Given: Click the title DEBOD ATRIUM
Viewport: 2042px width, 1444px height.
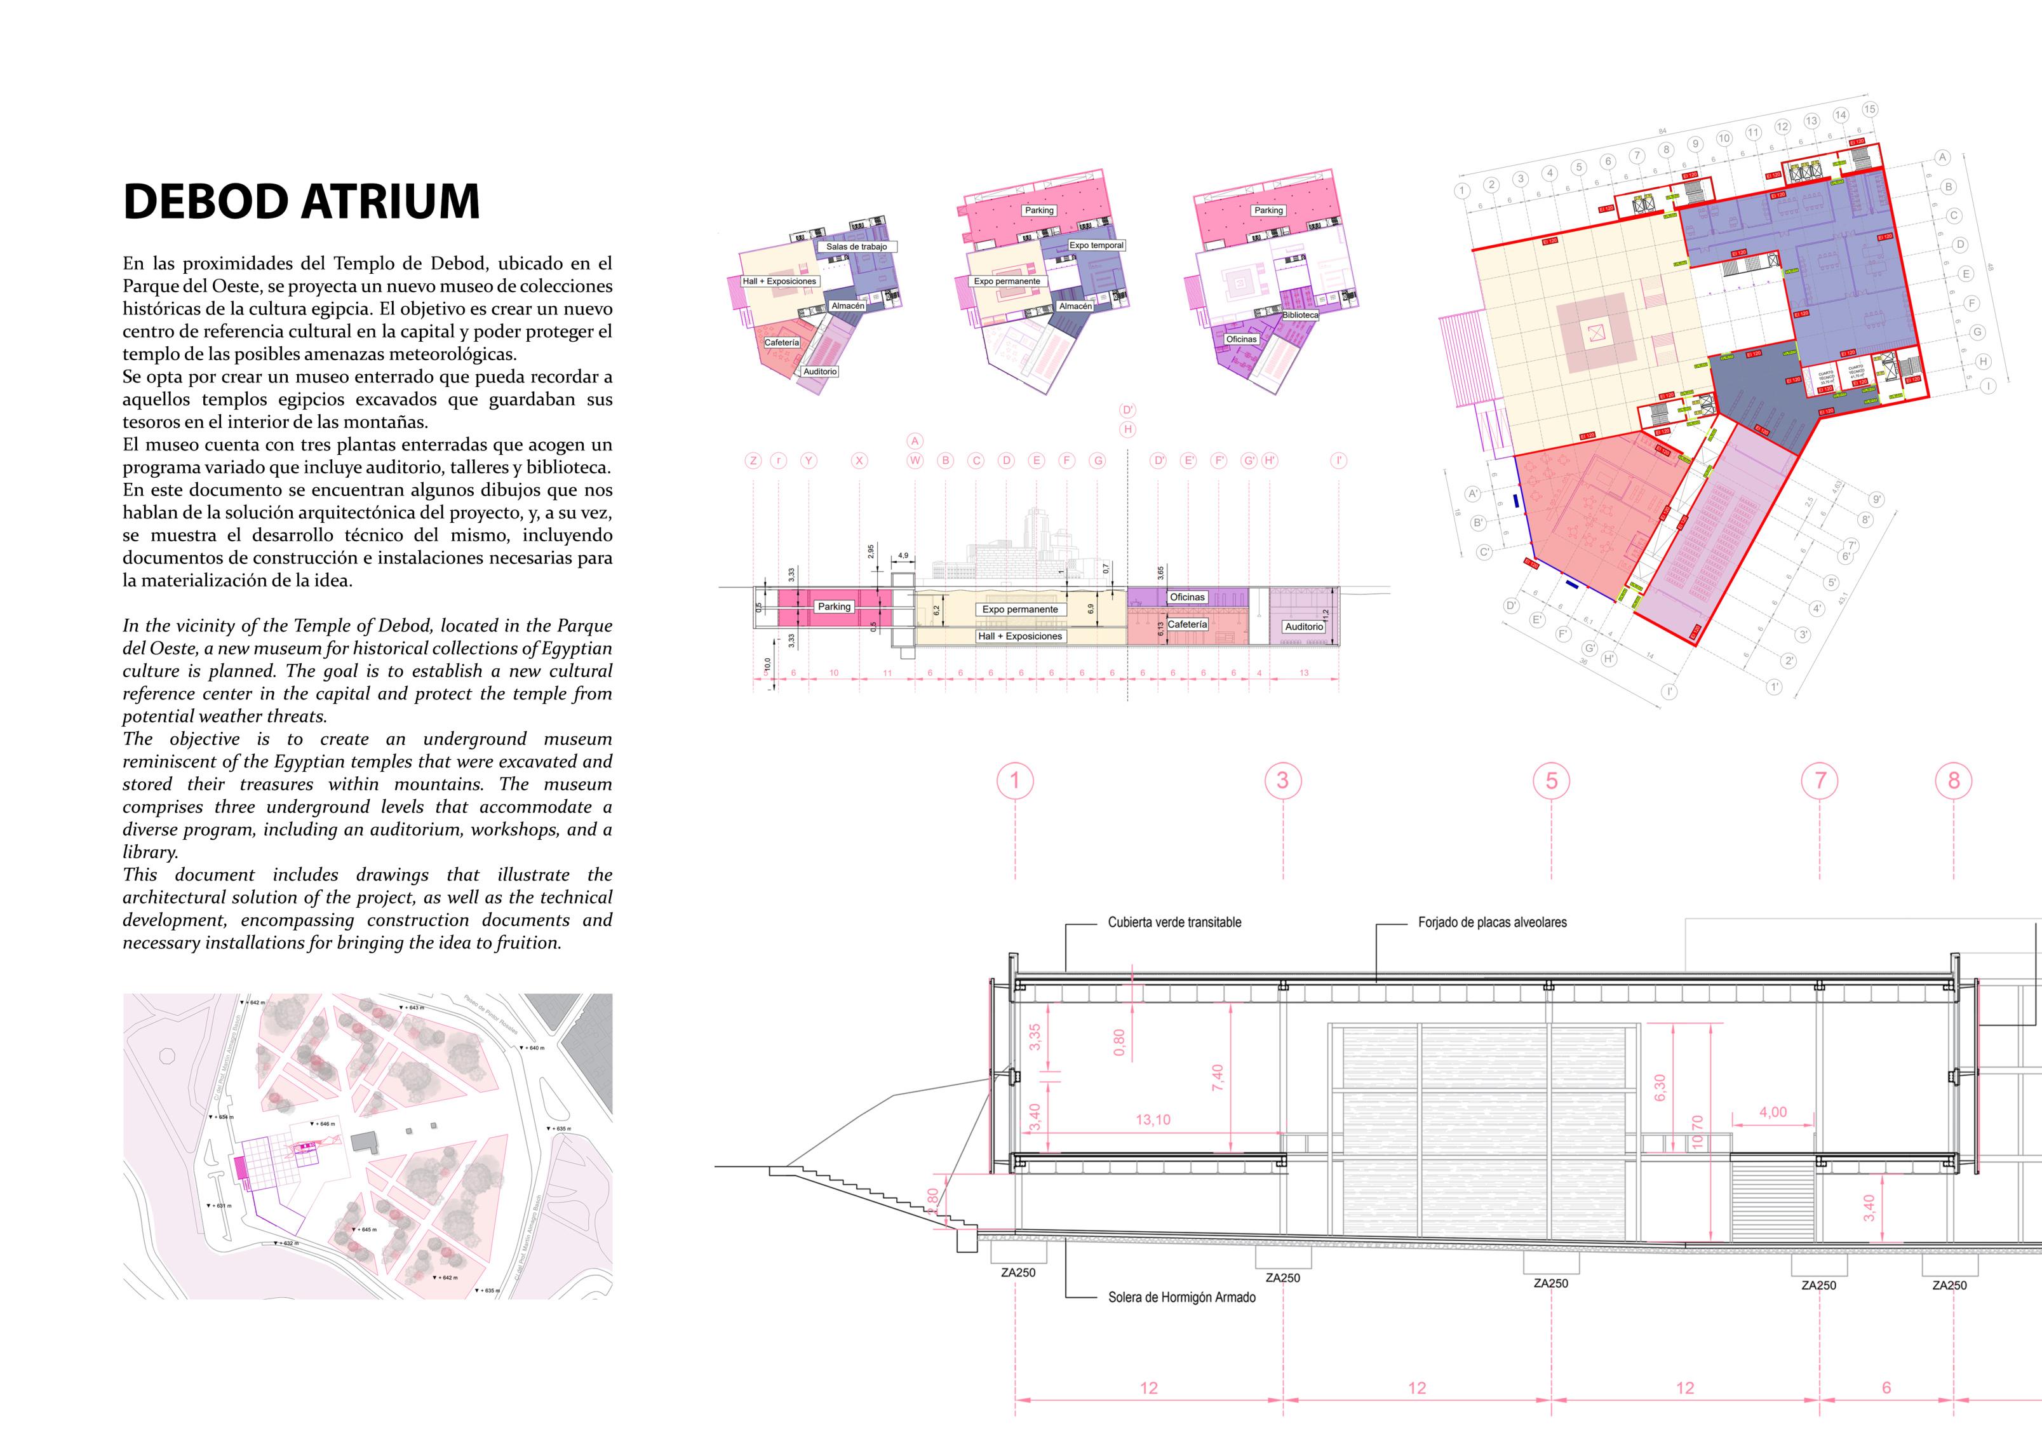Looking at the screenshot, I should (302, 201).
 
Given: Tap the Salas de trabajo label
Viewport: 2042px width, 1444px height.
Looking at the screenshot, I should (856, 246).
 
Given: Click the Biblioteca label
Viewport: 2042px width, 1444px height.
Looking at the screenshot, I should (1300, 315).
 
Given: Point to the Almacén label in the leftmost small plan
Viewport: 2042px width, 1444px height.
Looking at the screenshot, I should (847, 306).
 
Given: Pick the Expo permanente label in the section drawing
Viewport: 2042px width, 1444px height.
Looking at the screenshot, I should (1019, 609).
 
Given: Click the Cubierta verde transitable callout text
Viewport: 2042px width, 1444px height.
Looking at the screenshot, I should (1174, 922).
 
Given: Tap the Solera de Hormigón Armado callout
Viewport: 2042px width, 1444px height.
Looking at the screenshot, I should (1181, 1297).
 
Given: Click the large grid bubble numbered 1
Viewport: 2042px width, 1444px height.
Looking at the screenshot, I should (1015, 781).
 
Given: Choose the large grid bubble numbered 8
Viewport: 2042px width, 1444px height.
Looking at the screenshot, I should (1953, 781).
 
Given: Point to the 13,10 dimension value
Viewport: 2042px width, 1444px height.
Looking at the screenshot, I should (1153, 1120).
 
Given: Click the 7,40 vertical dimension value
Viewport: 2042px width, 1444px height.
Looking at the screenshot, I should (1218, 1078).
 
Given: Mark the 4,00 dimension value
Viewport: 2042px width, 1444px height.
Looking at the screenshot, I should (1773, 1112).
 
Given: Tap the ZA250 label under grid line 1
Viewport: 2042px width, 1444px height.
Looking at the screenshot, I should (1018, 1272).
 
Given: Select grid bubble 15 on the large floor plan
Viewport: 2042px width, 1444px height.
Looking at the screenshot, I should (1869, 109).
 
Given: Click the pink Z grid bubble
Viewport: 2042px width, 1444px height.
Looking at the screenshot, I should (753, 461).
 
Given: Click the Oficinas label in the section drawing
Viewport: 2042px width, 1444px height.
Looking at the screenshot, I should (1186, 597).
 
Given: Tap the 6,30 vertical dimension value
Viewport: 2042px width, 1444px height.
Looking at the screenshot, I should (1660, 1087).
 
